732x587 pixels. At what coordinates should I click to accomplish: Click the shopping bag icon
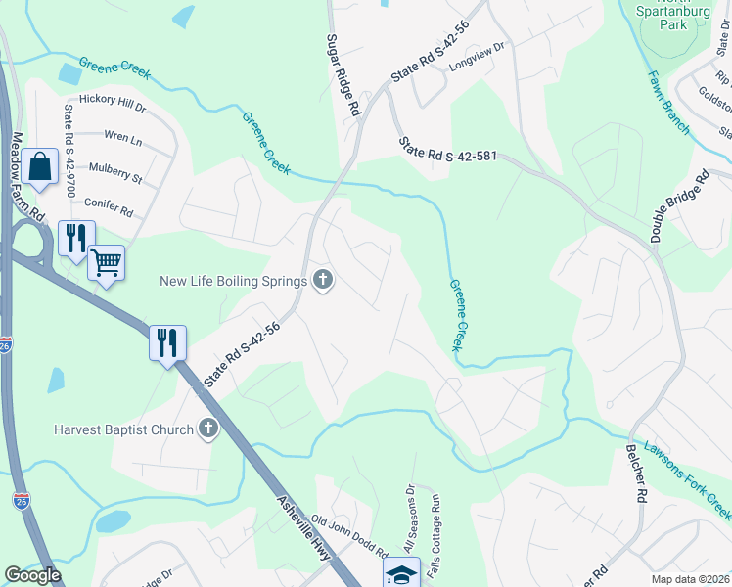[41, 168]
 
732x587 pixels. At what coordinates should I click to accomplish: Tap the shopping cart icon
[106, 262]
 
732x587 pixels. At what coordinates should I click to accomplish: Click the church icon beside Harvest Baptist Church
[207, 429]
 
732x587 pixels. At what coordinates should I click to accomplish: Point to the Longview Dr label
[477, 61]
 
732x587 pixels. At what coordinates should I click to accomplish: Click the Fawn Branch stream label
[669, 100]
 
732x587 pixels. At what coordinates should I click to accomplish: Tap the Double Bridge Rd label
[678, 206]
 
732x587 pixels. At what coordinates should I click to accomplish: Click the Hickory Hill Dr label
[112, 102]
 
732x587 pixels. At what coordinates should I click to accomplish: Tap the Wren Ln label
[122, 140]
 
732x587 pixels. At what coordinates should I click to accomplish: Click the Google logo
[33, 575]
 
